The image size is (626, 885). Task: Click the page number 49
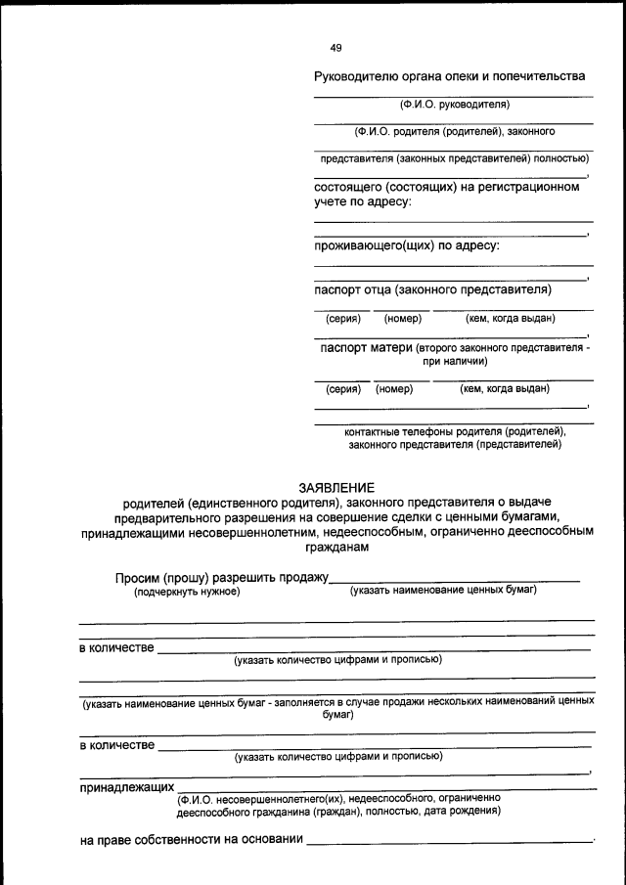click(336, 48)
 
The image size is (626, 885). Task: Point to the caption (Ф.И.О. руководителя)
click(454, 104)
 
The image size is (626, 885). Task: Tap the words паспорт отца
click(353, 289)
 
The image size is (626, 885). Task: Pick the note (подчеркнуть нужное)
click(187, 592)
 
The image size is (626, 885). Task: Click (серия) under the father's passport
click(342, 318)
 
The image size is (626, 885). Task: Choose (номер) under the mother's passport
click(394, 388)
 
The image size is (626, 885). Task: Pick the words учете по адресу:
click(362, 201)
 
